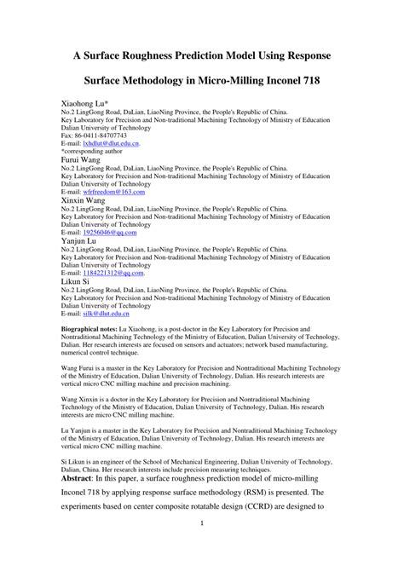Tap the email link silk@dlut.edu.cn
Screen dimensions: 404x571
point(108,314)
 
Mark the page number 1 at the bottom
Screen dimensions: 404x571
point(202,549)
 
